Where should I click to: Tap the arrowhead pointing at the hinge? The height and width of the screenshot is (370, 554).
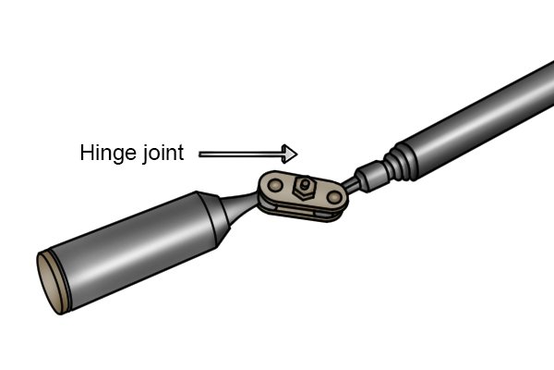(x=290, y=154)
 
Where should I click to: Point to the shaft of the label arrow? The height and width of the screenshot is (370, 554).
(x=241, y=154)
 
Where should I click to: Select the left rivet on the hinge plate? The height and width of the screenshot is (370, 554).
(x=275, y=185)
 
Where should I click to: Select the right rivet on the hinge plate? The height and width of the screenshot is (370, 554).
(x=334, y=197)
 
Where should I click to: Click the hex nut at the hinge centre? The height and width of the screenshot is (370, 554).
(x=304, y=188)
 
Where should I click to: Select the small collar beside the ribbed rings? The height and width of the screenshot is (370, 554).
(x=372, y=176)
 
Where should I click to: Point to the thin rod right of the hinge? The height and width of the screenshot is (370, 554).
(x=351, y=185)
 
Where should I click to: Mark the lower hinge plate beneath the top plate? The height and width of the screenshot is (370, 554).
(x=300, y=213)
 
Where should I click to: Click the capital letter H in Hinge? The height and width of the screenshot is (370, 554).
(x=87, y=153)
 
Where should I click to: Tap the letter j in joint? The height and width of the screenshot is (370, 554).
(x=144, y=154)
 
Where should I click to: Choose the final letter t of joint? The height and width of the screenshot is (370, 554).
(x=180, y=154)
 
